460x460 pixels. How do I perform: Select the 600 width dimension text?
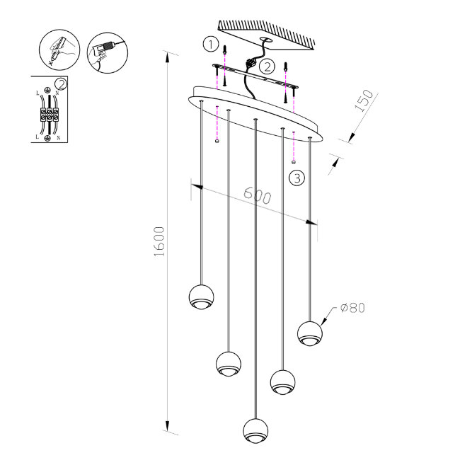click(257, 195)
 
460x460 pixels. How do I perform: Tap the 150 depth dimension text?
click(363, 102)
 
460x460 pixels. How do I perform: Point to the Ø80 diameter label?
click(352, 308)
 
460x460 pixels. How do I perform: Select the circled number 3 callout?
click(297, 178)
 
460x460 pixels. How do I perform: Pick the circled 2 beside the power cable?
click(266, 67)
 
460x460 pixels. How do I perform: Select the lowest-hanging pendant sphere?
click(255, 430)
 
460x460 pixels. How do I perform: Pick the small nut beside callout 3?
click(293, 163)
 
